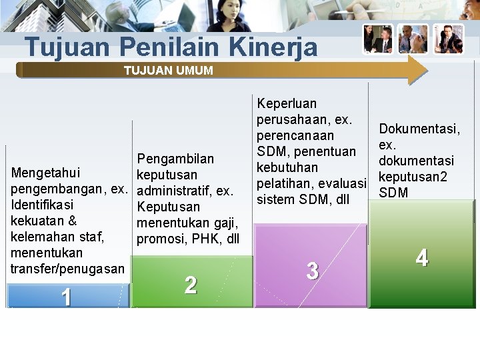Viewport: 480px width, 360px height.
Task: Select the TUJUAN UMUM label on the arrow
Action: (x=168, y=70)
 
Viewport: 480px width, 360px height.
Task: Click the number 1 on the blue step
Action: (x=65, y=297)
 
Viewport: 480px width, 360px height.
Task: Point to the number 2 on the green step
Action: (x=191, y=285)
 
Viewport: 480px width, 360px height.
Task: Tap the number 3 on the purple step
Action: (x=312, y=271)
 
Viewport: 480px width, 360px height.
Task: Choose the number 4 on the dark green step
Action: (x=422, y=258)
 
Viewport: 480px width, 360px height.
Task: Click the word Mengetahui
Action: (x=46, y=173)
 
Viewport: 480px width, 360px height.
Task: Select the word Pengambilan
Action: (x=175, y=159)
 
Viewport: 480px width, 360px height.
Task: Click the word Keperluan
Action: (x=287, y=103)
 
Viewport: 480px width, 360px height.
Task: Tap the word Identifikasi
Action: (x=42, y=205)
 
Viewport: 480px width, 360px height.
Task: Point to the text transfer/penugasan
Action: (x=67, y=269)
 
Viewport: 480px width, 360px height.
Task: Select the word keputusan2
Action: (x=412, y=177)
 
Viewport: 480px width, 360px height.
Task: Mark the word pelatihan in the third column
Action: (x=285, y=183)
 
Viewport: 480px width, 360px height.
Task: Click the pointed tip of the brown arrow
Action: (x=427, y=69)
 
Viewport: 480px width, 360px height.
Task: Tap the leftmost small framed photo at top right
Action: (x=378, y=39)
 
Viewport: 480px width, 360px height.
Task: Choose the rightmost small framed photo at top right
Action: (x=448, y=39)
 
